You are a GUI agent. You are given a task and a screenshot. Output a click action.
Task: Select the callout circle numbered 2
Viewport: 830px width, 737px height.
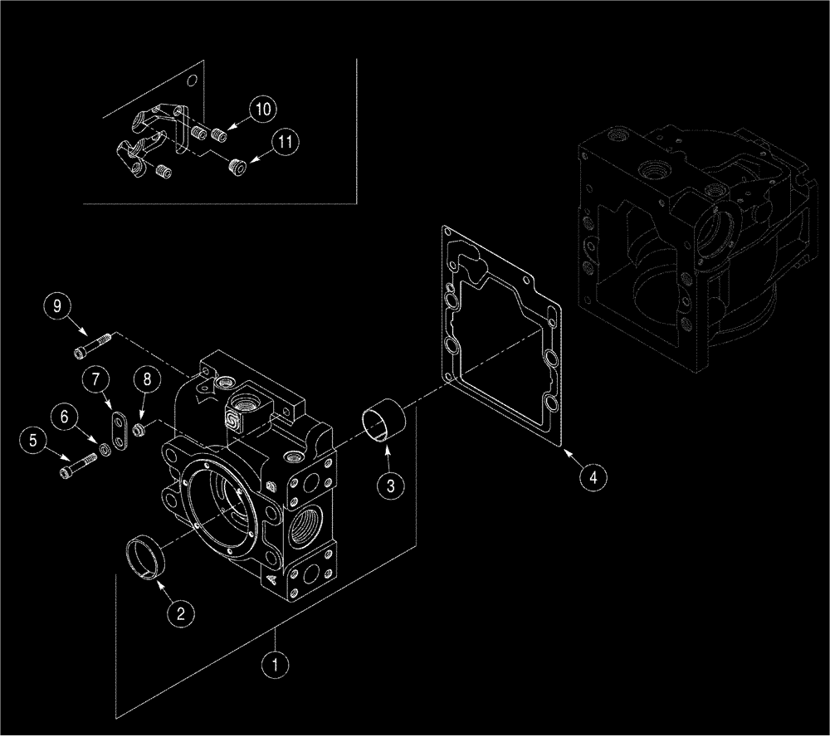coord(182,613)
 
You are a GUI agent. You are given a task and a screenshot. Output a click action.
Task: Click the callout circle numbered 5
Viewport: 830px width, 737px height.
coord(34,441)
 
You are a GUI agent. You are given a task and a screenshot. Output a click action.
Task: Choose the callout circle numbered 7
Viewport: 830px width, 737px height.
coord(97,381)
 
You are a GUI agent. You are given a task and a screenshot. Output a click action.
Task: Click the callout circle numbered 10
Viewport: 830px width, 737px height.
coord(261,109)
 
